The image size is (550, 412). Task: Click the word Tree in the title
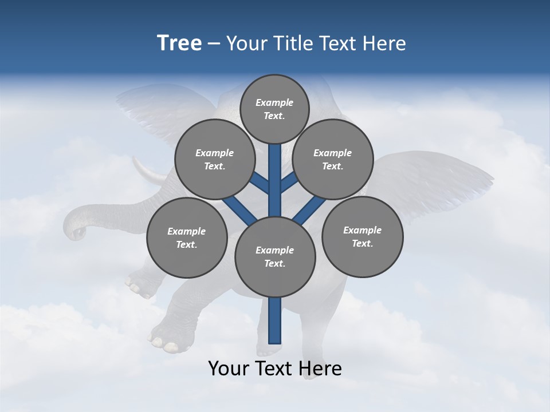coord(179,43)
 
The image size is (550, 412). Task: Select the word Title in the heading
coord(293,43)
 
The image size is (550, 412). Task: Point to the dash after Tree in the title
coord(214,44)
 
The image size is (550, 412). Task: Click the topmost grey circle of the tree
coord(274,109)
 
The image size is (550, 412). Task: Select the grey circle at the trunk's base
coord(275,256)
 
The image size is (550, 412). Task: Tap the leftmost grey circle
coord(187,237)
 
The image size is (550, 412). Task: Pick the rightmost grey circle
coord(362,236)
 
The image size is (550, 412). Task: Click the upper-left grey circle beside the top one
coord(215,159)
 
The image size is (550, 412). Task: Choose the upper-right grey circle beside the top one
coord(333,159)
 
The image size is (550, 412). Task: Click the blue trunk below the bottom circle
coord(275,320)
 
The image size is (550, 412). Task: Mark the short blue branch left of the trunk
coord(261,183)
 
